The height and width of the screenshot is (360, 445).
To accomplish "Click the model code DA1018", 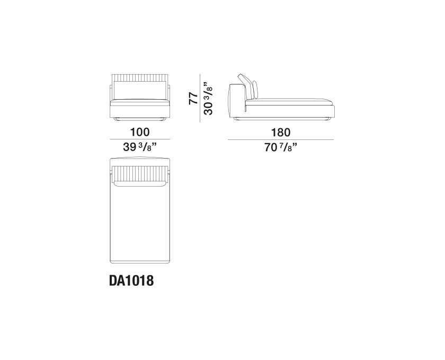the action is (x=131, y=280).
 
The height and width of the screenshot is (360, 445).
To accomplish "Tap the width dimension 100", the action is (x=140, y=132).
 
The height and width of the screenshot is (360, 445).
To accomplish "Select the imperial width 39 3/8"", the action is (x=140, y=147).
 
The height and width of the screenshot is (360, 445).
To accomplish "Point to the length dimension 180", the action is (x=281, y=132).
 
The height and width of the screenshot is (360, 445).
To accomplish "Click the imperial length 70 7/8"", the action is (x=281, y=147).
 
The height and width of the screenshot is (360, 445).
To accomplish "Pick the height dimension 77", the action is (x=193, y=98).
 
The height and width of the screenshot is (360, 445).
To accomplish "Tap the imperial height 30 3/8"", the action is (x=208, y=98).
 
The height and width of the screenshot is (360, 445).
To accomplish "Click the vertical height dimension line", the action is (x=200, y=98).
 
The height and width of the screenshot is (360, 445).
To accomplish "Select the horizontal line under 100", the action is (x=140, y=139).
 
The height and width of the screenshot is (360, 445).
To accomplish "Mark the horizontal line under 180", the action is (x=281, y=139).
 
